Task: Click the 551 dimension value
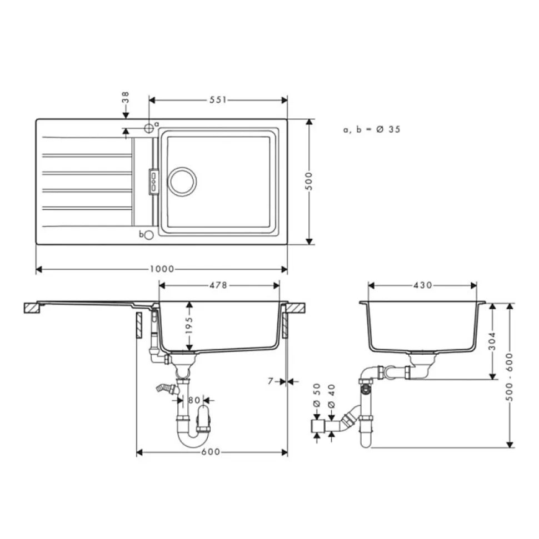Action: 218,100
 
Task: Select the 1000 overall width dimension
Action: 162,269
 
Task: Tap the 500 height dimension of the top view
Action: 309,181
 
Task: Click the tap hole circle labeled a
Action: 149,128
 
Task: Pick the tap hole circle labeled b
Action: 149,235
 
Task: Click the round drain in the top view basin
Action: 182,182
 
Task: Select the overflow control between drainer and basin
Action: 153,182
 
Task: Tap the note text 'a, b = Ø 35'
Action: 372,129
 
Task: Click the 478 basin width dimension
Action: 218,285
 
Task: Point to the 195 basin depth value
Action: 189,325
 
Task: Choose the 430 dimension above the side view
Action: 423,285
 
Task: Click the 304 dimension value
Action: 492,341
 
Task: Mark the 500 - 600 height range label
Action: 510,377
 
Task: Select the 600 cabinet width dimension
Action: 211,452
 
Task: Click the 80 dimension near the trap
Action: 194,400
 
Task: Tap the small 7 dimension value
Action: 271,381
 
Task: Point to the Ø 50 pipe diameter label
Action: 317,395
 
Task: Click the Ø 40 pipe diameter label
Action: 331,396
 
